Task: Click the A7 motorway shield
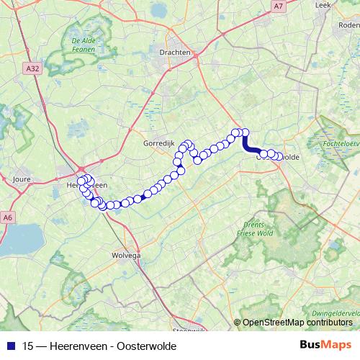point(279,6)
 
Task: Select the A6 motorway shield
point(9,217)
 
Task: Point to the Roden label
point(349,24)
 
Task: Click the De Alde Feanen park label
point(84,46)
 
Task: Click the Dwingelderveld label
point(338,313)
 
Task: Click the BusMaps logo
point(325,345)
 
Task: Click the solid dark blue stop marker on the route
point(145,194)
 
